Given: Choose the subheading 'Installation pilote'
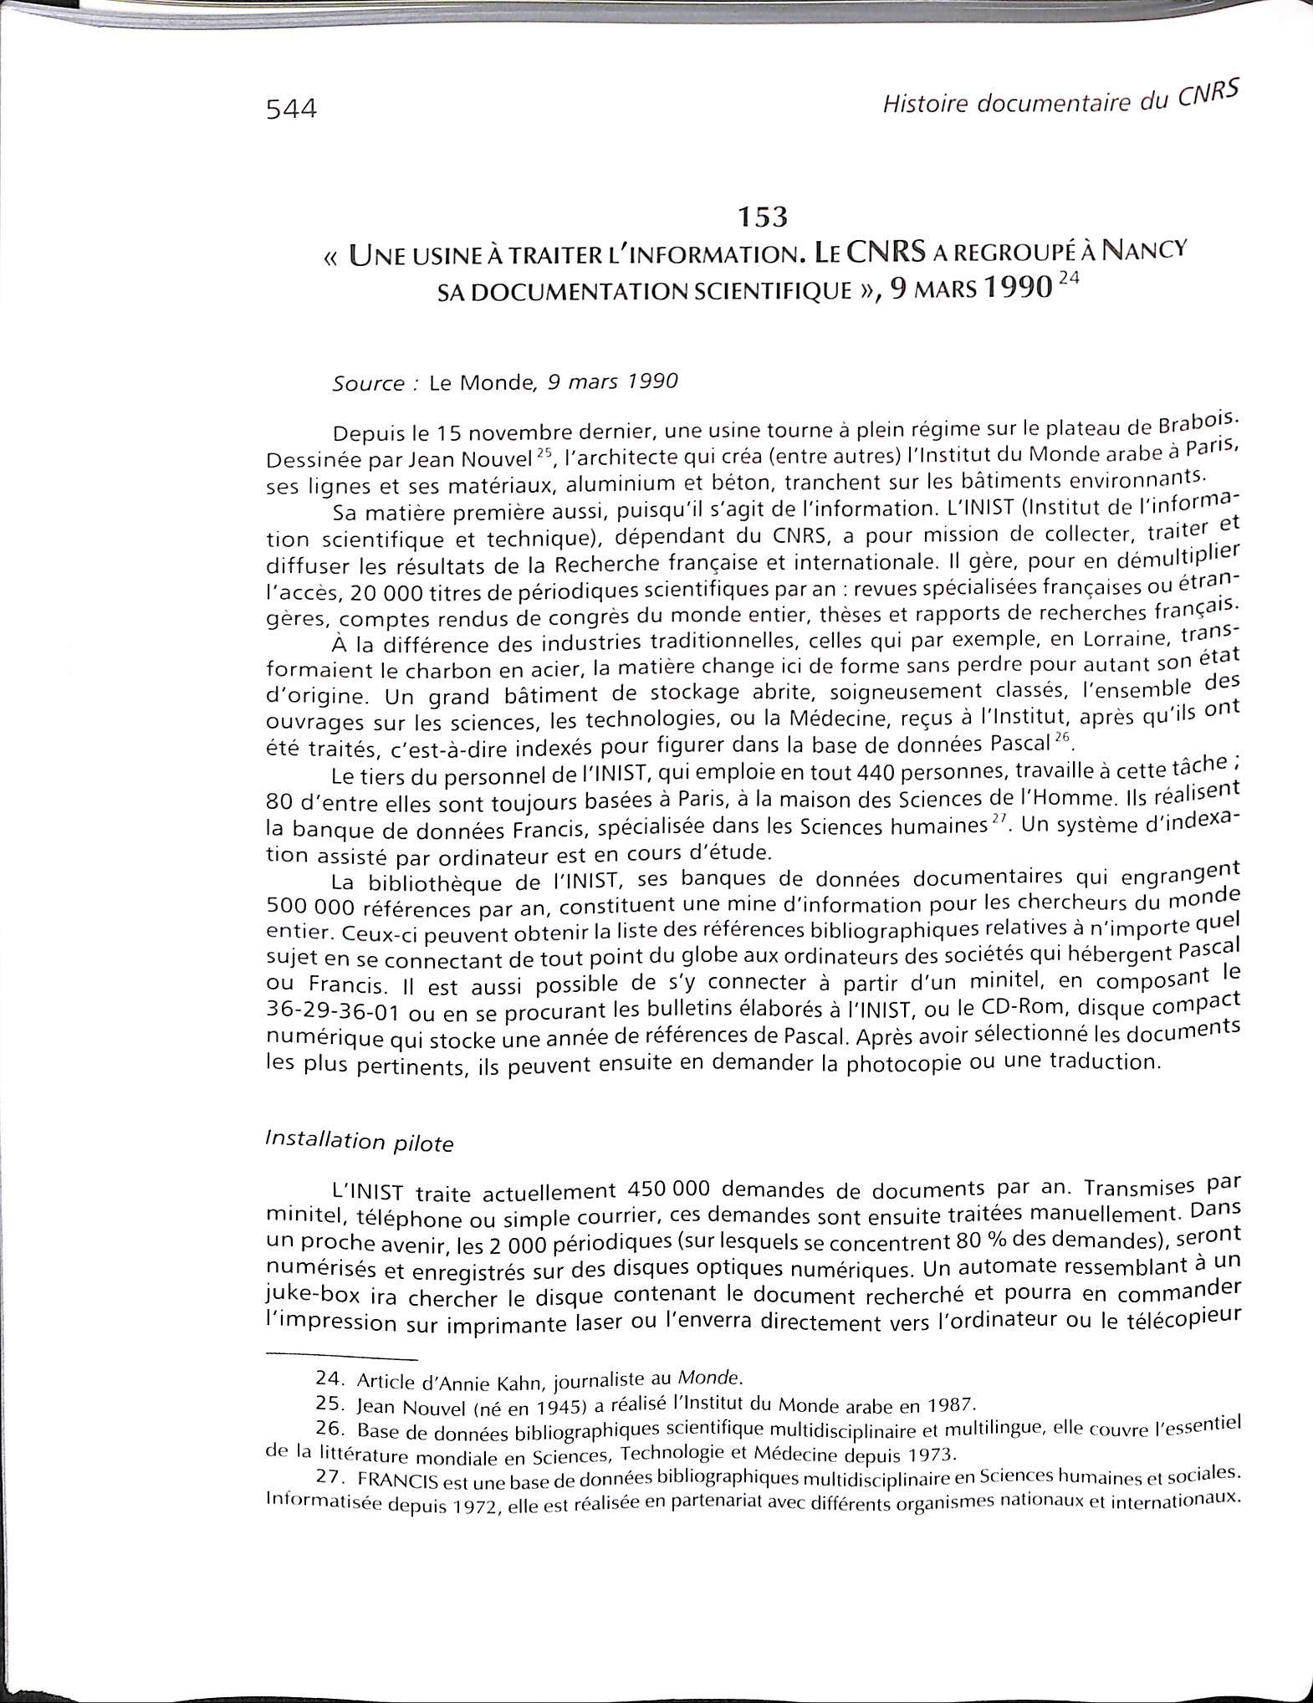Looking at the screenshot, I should (x=359, y=1141).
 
